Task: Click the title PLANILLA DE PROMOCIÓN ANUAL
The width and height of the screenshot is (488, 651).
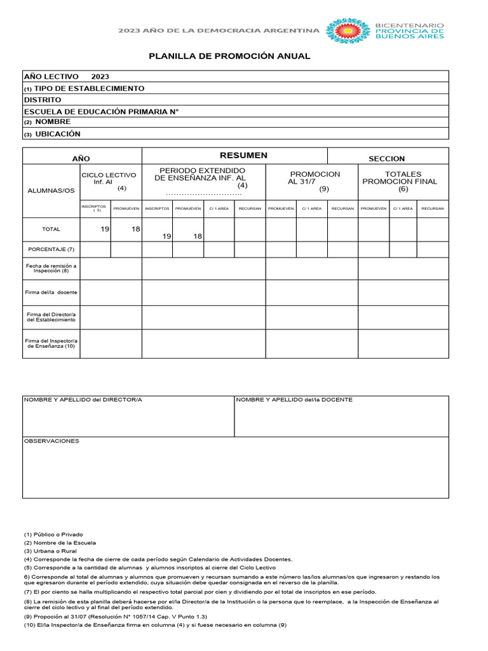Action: coord(229,56)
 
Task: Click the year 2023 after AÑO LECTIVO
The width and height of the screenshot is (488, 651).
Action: coord(100,76)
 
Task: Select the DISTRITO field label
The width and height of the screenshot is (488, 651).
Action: coord(43,100)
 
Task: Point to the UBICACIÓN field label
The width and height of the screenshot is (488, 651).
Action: coord(58,134)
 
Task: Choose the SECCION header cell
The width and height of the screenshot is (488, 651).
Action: coord(386,158)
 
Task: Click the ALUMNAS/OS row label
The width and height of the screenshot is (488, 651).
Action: coord(51,191)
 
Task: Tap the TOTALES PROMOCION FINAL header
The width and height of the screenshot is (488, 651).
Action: coord(403,181)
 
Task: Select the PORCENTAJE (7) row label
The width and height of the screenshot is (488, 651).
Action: coord(51,249)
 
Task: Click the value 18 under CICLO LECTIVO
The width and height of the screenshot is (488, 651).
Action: coord(136,229)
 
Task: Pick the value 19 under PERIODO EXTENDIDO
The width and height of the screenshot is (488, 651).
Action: coord(166,236)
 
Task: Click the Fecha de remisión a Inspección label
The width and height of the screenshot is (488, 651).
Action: coord(51,268)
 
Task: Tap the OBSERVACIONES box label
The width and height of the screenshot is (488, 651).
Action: coord(51,441)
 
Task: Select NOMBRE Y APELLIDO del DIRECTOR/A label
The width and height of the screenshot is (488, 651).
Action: coord(83,400)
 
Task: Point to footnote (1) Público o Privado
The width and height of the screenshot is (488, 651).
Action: coord(53,535)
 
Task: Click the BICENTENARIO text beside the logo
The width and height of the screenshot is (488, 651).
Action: coord(410,25)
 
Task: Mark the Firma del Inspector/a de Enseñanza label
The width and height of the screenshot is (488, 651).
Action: coord(51,343)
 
